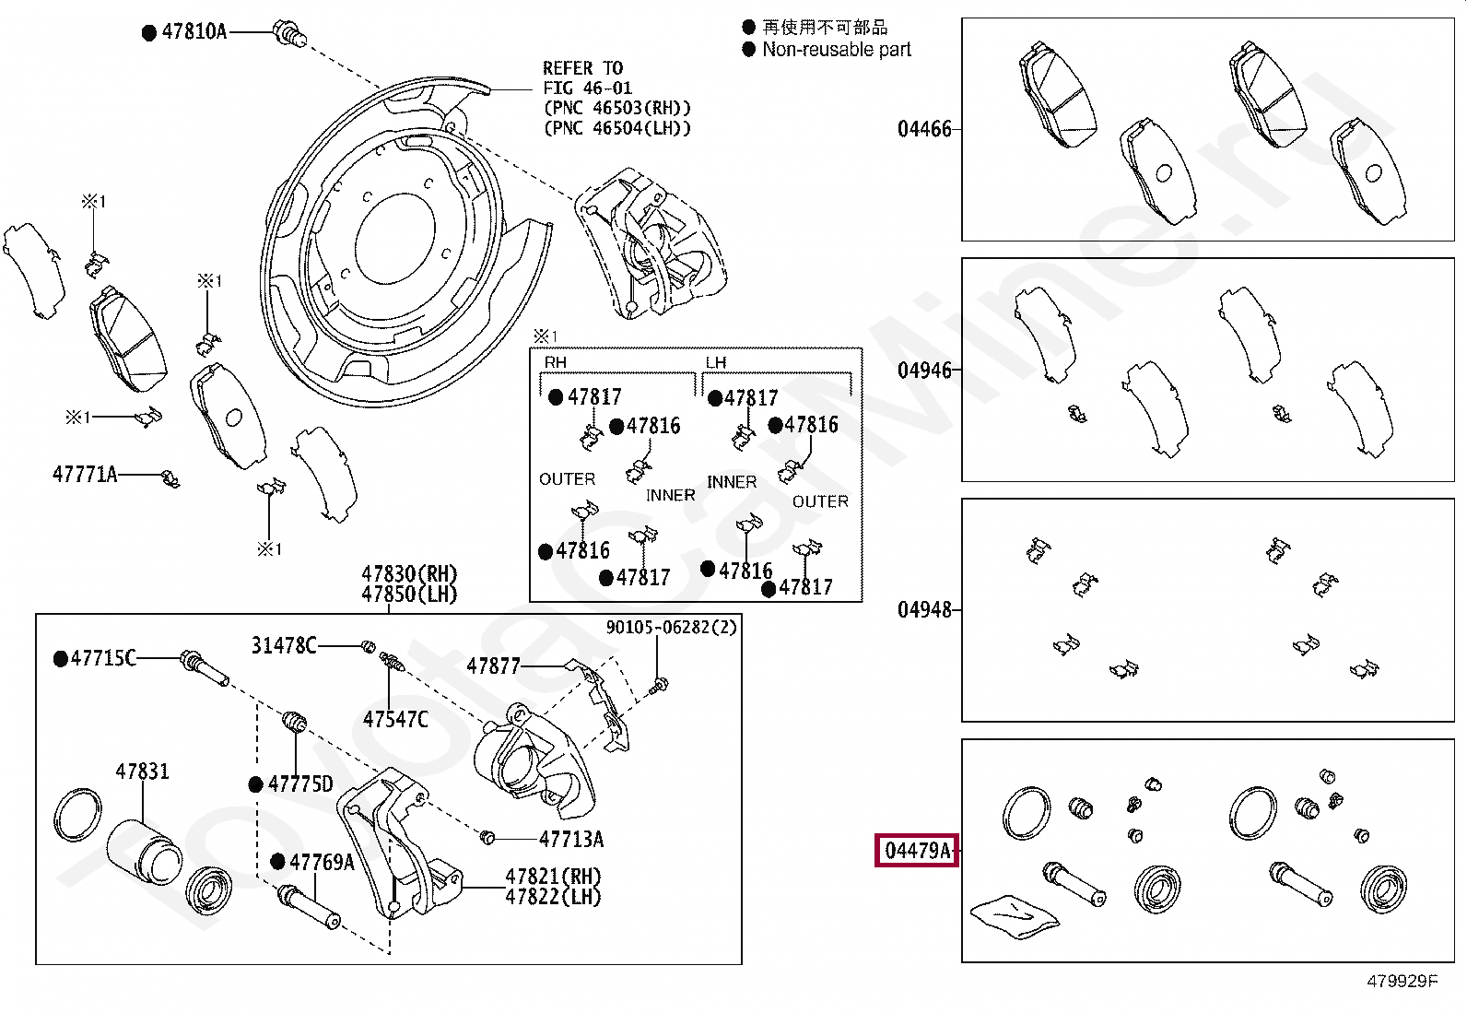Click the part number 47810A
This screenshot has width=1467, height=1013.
(x=194, y=31)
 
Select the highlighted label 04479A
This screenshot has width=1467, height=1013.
(x=917, y=851)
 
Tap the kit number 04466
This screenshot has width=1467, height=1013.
(x=924, y=129)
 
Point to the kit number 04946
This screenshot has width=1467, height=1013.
(x=924, y=371)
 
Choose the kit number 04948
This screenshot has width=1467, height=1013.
(x=924, y=610)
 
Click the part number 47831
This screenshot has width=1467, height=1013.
(x=142, y=772)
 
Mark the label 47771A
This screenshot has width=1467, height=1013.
(x=85, y=474)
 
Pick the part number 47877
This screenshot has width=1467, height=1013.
(x=493, y=666)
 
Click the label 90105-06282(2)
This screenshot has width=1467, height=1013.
(x=671, y=627)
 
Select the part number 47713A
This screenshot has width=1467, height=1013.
(x=571, y=839)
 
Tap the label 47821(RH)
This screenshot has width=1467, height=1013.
(x=554, y=876)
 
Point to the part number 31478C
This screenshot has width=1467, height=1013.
(x=284, y=646)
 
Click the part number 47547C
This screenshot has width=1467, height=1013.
(x=395, y=720)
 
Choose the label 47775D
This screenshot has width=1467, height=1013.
(x=300, y=783)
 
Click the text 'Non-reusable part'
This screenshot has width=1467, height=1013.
(x=837, y=50)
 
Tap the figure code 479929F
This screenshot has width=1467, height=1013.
(x=1402, y=981)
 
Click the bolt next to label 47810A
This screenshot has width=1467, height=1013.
(x=288, y=33)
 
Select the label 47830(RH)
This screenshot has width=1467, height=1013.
(x=409, y=574)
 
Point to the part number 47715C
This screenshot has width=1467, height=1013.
(x=103, y=658)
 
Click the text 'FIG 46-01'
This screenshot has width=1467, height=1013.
(x=588, y=88)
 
